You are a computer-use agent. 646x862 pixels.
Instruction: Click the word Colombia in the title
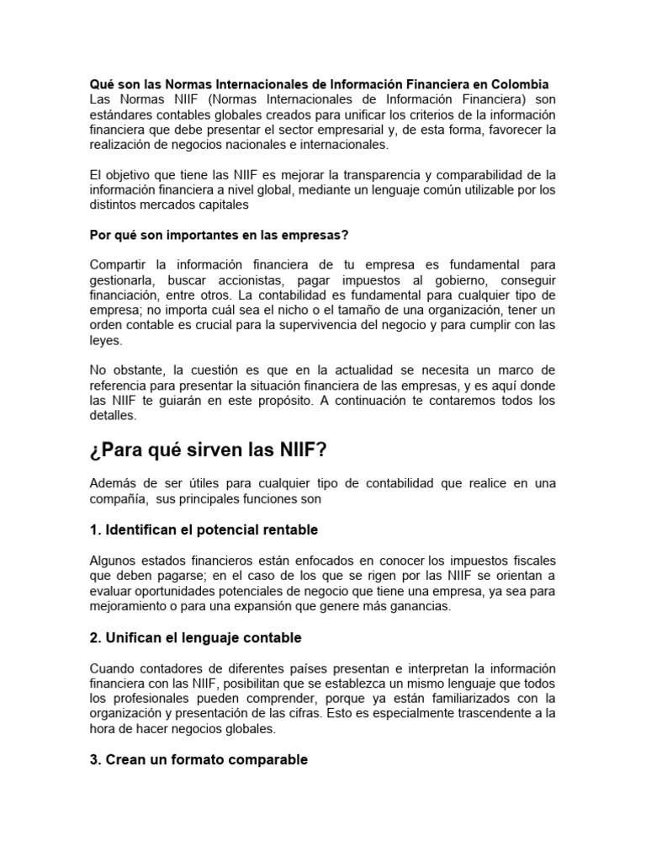[x=519, y=84]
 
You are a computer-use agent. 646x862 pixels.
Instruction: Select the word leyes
[x=106, y=341]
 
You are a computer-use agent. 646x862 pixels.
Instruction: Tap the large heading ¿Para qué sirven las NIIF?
[x=207, y=451]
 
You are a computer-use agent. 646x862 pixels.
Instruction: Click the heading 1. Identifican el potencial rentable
[x=204, y=530]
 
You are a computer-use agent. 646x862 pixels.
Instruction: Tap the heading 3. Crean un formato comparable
[x=199, y=759]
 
